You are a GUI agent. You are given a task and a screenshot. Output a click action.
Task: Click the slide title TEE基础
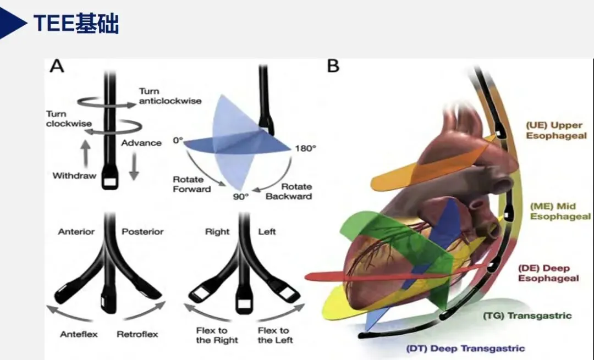[76, 23]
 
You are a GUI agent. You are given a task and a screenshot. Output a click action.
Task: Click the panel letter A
[57, 66]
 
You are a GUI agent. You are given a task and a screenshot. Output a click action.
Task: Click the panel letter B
[333, 66]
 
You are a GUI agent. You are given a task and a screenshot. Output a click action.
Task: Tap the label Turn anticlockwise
[169, 96]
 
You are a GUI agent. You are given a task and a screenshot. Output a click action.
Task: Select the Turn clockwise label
[68, 118]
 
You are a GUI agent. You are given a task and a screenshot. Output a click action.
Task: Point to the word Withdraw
[74, 176]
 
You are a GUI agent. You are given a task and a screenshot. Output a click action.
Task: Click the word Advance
[141, 143]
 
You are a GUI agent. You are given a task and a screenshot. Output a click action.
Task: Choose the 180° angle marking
[306, 148]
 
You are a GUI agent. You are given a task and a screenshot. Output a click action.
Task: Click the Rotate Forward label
[192, 184]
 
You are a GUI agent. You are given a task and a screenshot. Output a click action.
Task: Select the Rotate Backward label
[289, 191]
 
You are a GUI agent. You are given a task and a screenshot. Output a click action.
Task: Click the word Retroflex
[137, 334]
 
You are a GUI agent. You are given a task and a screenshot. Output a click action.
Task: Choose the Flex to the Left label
[274, 335]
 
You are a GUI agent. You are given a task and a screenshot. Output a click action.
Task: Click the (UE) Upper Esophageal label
[555, 130]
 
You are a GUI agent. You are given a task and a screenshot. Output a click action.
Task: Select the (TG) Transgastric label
[527, 315]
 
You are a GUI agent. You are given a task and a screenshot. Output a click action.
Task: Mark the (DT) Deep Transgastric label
[465, 348]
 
